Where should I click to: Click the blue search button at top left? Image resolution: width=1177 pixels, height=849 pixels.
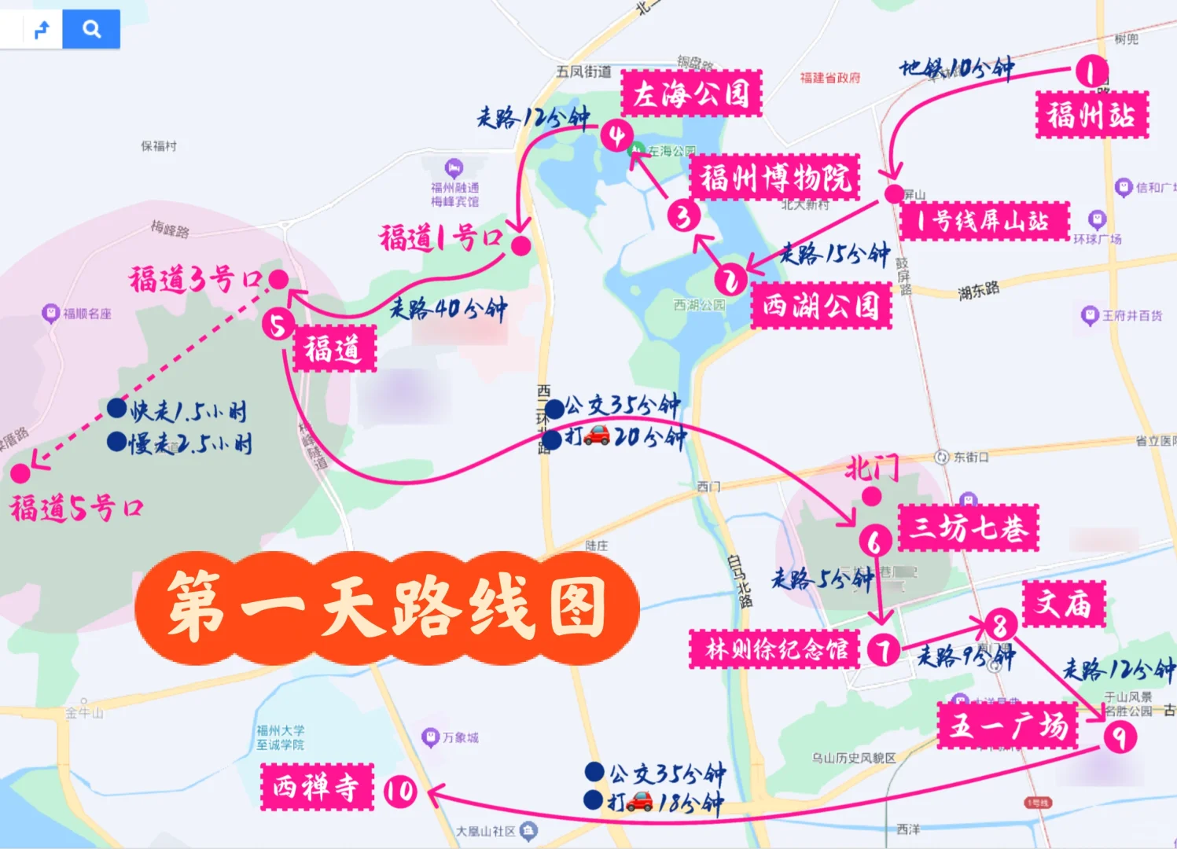(x=91, y=30)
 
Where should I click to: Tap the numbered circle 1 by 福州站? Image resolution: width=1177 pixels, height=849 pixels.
(x=1091, y=72)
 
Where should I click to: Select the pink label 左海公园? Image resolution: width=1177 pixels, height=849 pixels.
(x=691, y=94)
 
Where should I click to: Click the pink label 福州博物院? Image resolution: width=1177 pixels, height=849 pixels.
(x=774, y=178)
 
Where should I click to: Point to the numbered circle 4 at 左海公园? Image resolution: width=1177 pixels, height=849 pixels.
(x=617, y=136)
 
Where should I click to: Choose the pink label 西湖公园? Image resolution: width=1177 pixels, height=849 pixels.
(x=821, y=305)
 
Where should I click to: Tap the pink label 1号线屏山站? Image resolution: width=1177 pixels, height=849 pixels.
(x=984, y=221)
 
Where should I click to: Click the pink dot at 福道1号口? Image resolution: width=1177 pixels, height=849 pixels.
(x=520, y=245)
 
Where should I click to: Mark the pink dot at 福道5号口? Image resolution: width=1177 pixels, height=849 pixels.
(x=20, y=473)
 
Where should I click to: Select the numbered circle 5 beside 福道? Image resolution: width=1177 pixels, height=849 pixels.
(x=278, y=324)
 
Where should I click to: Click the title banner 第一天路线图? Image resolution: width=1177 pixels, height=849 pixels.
(x=387, y=608)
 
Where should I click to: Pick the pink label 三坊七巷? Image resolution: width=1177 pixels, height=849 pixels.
(x=968, y=527)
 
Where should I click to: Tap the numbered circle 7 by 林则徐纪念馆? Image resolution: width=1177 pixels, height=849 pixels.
(x=884, y=650)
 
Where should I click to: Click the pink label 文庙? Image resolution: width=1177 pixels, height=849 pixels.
(x=1064, y=604)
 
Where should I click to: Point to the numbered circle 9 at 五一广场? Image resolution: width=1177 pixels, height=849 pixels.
(x=1120, y=737)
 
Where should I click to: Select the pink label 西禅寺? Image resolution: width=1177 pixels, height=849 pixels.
(x=317, y=787)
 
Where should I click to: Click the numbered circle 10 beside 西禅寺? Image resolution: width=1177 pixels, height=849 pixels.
(x=400, y=791)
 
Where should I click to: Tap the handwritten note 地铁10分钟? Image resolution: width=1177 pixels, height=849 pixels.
(x=956, y=68)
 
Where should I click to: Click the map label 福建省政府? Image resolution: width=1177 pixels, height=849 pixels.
(x=829, y=78)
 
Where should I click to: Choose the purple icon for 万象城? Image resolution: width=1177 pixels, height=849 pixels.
(x=430, y=737)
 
